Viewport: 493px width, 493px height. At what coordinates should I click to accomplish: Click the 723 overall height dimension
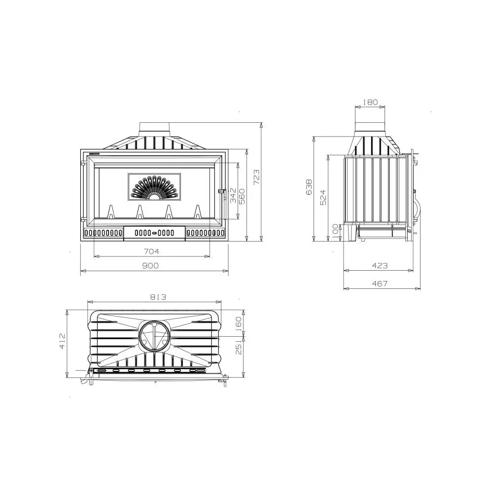coord(256,176)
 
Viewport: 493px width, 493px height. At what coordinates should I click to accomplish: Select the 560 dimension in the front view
coord(242,196)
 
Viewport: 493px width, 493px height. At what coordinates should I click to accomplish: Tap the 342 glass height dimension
coord(233,195)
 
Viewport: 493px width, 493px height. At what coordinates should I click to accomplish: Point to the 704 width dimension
coord(151,251)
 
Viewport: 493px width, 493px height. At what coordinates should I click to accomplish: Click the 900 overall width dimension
coord(150,266)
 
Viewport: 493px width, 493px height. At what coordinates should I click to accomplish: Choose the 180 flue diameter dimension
coord(370,102)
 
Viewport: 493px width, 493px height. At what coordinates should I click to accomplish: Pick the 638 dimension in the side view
coord(309,187)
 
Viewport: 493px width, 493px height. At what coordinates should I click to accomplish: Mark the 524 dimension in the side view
coord(323,198)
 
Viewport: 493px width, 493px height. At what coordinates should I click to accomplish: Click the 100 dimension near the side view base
coord(335,231)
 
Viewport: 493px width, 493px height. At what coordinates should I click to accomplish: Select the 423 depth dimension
coord(380,266)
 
